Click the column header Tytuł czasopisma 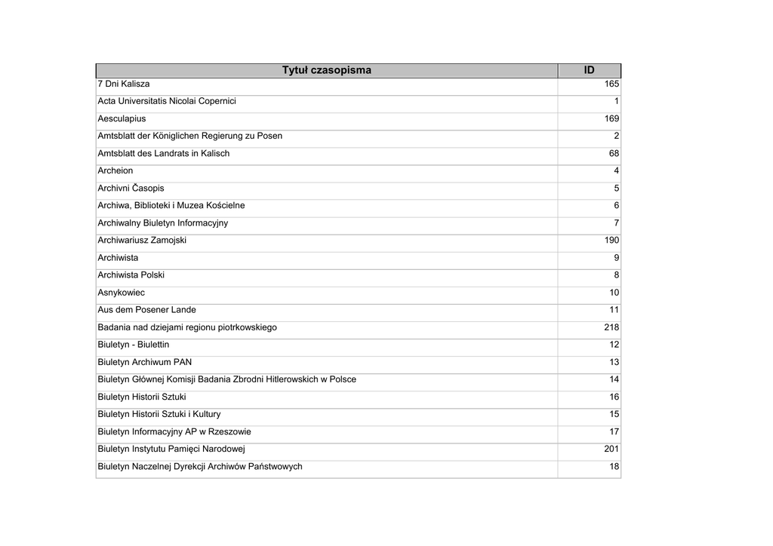326,70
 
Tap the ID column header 589,70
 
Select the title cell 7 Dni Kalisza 124,84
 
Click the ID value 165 611,84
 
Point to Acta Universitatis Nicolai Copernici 167,101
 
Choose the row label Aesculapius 122,118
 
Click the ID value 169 611,118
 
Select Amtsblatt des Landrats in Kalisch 163,153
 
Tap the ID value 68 614,153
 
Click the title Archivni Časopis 131,188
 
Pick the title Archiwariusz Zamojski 142,240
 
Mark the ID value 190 611,240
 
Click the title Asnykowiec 121,292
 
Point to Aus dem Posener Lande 146,309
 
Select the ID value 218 611,327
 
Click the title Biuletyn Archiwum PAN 144,362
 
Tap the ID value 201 611,449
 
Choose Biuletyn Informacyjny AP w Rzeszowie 174,431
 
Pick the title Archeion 115,170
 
